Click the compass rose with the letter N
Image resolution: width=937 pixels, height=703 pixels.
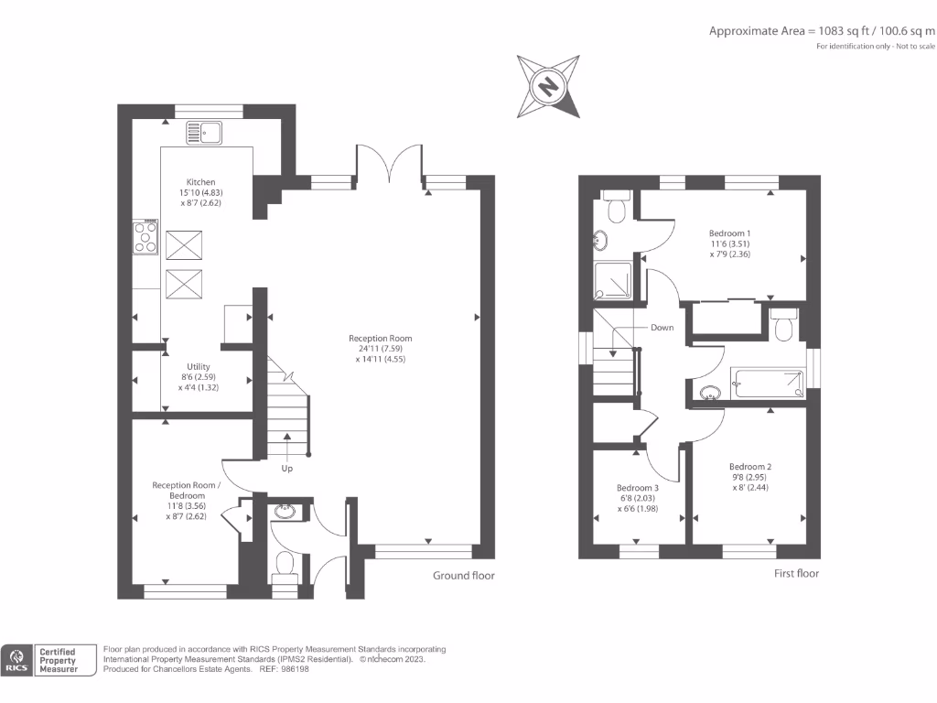point(548,86)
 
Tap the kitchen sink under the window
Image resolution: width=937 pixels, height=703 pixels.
point(204,132)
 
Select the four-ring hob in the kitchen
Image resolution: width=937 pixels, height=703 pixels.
point(145,237)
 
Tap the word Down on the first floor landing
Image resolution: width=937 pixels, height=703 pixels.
point(662,327)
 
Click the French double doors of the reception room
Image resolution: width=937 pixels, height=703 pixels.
point(390,165)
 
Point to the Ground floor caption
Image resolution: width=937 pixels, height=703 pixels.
point(464,576)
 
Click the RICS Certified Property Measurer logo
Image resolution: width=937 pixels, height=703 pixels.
point(51,658)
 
